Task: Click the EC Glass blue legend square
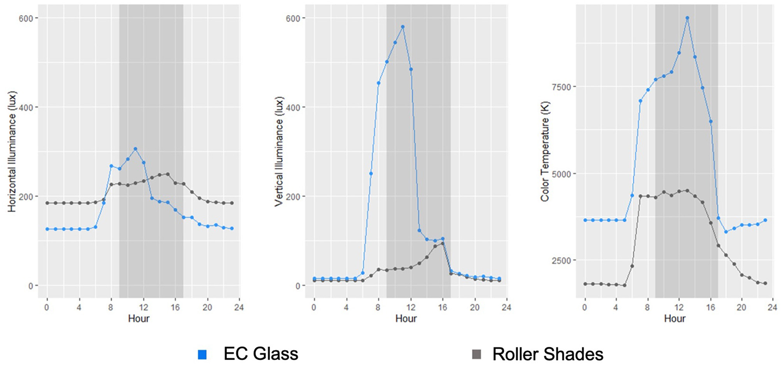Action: pos(202,354)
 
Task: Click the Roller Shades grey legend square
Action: pos(476,354)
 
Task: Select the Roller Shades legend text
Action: pos(547,354)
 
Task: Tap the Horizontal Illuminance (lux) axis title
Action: pos(12,151)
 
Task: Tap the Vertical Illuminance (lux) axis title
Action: pos(279,151)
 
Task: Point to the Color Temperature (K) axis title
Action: pos(545,151)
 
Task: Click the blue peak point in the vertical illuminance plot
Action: pos(403,27)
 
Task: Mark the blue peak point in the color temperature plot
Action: pos(687,18)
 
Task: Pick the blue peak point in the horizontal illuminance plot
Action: pos(135,149)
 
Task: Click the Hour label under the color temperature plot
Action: pos(675,318)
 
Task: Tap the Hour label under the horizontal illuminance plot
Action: pos(139,318)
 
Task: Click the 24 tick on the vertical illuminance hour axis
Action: pos(506,307)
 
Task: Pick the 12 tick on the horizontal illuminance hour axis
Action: pos(143,307)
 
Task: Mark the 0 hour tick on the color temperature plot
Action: pos(585,307)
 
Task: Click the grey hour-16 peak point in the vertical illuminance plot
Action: pos(443,243)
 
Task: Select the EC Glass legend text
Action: pos(261,354)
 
